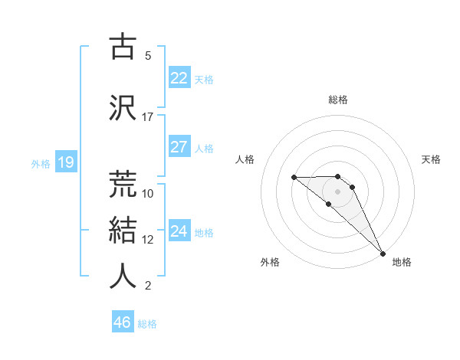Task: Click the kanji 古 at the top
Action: [x=123, y=47]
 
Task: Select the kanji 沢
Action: [x=123, y=108]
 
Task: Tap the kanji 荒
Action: [x=123, y=185]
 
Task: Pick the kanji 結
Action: [x=123, y=231]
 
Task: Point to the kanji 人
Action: [x=123, y=277]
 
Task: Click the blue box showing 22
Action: [x=179, y=78]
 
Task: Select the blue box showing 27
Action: [x=179, y=147]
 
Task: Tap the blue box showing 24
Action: [x=179, y=231]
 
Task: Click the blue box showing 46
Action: [x=122, y=322]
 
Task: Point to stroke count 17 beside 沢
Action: [x=148, y=117]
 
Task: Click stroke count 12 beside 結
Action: [x=148, y=240]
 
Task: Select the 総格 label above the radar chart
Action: [x=337, y=100]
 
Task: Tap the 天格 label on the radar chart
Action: [x=431, y=159]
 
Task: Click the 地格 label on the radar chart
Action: [x=402, y=262]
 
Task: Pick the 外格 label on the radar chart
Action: [x=270, y=262]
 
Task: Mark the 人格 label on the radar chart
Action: [x=245, y=159]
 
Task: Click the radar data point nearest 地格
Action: [x=382, y=252]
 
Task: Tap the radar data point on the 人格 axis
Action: [x=294, y=178]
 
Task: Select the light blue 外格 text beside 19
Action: [x=41, y=163]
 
